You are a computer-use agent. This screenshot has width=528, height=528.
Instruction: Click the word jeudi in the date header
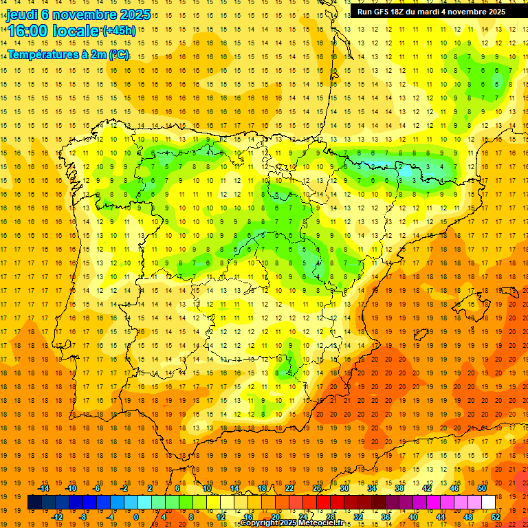pos(23,14)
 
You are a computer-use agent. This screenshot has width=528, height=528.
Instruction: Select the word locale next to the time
pos(76,31)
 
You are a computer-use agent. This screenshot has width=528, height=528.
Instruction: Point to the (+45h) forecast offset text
pos(119,30)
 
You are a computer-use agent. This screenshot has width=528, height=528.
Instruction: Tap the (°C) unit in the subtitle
pos(119,54)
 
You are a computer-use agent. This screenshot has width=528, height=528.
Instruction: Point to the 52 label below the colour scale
pos(496,516)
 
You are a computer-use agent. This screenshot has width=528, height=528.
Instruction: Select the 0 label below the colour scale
pos(136,516)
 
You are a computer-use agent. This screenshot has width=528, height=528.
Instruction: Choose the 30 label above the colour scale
pos(344,488)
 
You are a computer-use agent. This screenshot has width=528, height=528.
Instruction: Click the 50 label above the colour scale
pos(482,488)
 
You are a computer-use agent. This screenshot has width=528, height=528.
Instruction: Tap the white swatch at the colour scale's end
pos(489,503)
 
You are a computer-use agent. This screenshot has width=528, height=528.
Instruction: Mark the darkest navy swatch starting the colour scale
pos(34,503)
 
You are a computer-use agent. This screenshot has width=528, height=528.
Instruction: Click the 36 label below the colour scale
pos(386,516)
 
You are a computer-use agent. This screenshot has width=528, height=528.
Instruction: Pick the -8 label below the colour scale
pos(83,516)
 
